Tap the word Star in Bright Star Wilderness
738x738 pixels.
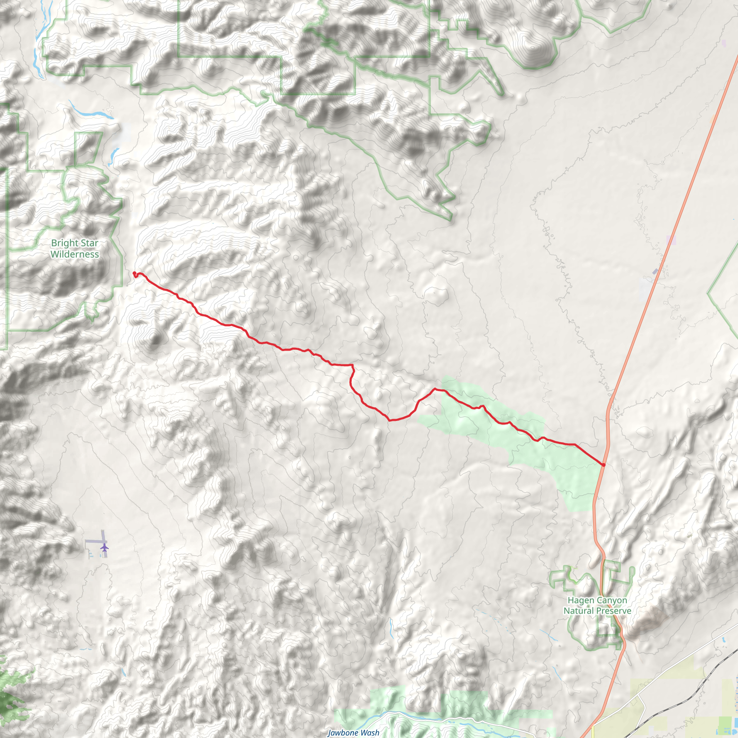coord(89,243)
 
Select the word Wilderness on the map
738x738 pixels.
coord(75,254)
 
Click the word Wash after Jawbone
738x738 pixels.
coord(370,733)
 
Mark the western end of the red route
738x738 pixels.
coord(134,273)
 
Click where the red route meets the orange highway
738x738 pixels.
coord(604,465)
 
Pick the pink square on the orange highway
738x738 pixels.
coord(671,240)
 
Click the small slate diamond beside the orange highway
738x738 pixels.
coord(655,271)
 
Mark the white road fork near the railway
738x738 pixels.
coord(639,695)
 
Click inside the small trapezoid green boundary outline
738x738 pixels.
coord(88,148)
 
